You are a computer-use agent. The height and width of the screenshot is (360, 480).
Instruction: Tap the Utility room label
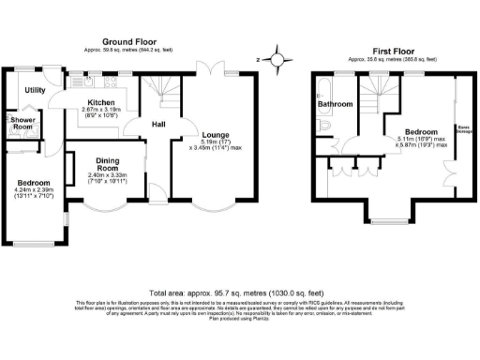36,90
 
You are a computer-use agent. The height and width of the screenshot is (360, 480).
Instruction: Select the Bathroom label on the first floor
335,104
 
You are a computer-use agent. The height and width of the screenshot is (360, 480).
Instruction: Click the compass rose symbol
277,58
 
